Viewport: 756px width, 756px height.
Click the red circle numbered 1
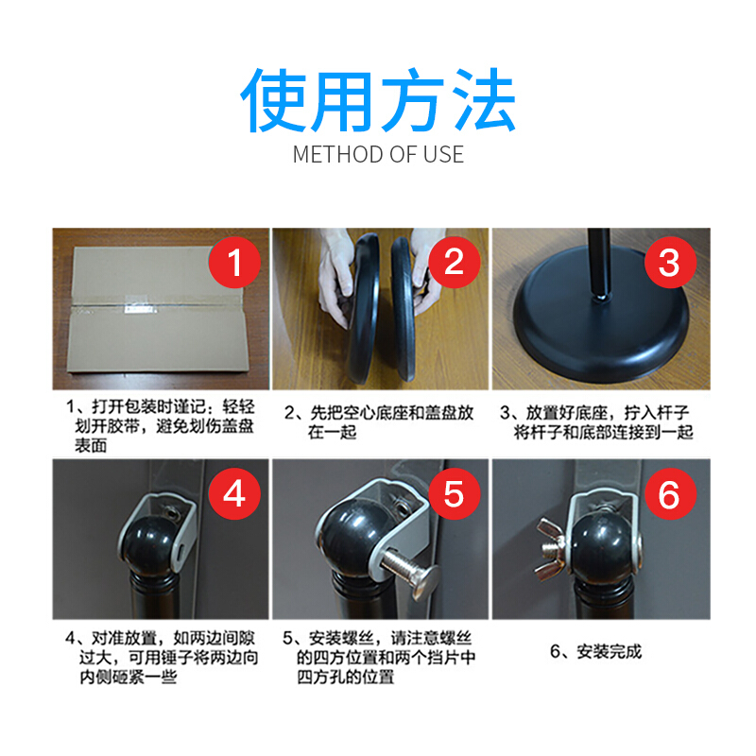[234, 263]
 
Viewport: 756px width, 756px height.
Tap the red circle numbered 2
[455, 263]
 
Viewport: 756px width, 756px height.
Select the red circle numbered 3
[670, 263]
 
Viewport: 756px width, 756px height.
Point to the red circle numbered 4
[234, 493]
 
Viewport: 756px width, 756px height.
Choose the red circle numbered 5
[455, 493]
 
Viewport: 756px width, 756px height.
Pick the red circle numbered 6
[670, 493]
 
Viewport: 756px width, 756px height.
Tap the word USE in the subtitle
[443, 155]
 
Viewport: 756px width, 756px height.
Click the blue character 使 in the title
[273, 100]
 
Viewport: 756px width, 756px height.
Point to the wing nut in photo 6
[553, 549]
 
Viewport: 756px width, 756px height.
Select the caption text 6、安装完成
[596, 652]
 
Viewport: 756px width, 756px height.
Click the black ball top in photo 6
[604, 544]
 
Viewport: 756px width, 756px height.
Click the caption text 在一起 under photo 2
[333, 432]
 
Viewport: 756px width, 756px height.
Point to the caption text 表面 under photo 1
[91, 445]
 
